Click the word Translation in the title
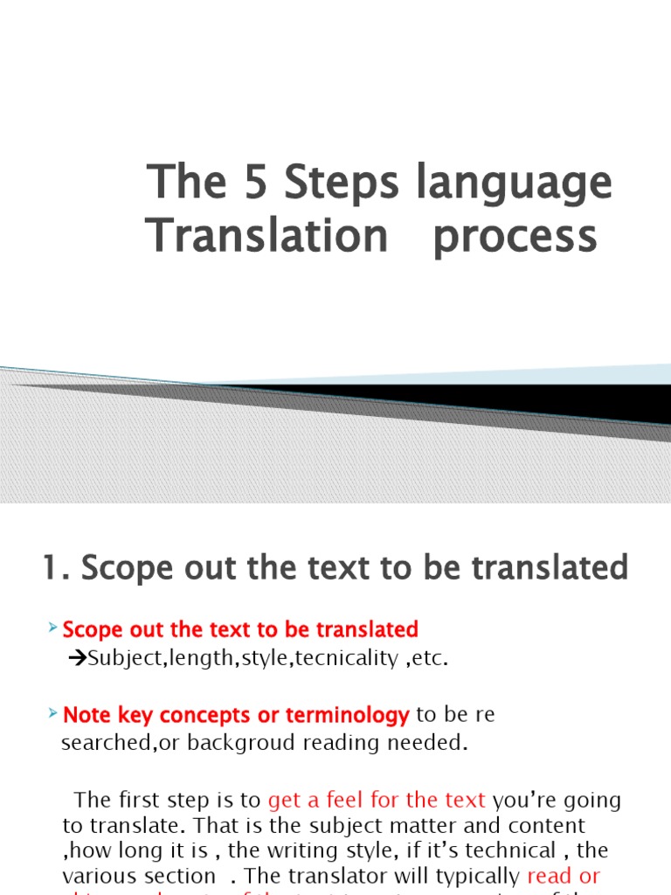(x=266, y=235)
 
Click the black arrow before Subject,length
(x=74, y=658)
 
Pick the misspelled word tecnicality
(x=346, y=658)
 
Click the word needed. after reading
(x=433, y=744)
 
